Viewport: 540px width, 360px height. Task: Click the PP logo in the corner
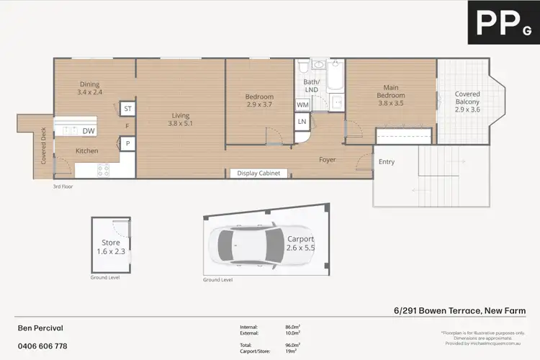(501, 23)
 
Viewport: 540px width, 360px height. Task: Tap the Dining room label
(90, 88)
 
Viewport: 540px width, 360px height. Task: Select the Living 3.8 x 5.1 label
(180, 119)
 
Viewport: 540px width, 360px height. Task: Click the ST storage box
(128, 109)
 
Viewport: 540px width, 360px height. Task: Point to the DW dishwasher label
(89, 131)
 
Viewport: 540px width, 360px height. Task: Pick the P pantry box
(127, 143)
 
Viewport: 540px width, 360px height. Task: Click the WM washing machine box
(302, 105)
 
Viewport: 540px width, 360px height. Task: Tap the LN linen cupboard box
(302, 122)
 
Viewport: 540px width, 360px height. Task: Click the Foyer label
(328, 160)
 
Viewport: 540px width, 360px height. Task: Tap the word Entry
(387, 162)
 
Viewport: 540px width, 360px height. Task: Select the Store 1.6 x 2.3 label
(110, 247)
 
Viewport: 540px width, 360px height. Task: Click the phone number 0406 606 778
(42, 346)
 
